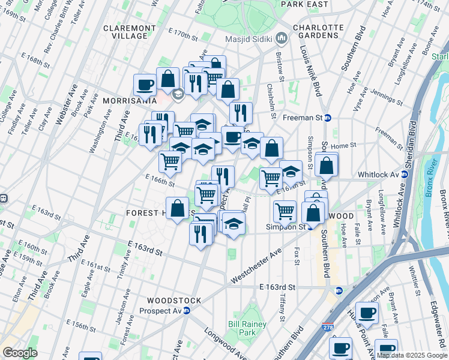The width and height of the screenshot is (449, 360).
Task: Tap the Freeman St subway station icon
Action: [x=328, y=118]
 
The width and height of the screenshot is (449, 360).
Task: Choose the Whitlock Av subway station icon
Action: [x=405, y=175]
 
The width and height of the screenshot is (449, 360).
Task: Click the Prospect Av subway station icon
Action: [x=187, y=311]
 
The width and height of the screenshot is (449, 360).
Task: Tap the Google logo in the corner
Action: [x=20, y=353]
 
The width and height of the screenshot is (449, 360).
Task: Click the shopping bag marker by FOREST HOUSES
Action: [x=178, y=209]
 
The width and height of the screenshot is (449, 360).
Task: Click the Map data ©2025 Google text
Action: [x=412, y=355]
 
